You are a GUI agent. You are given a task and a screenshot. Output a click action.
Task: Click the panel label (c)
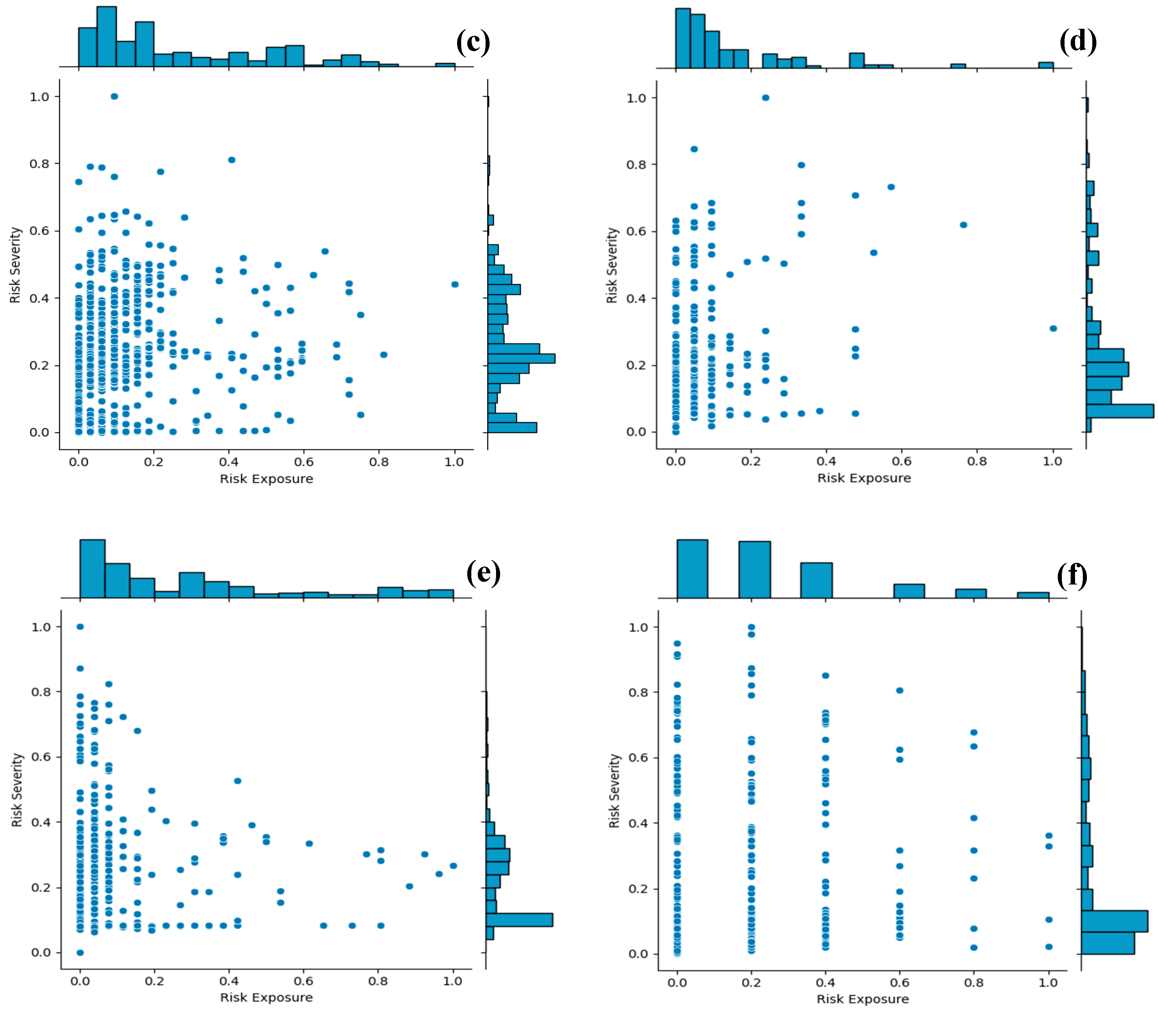[x=473, y=42]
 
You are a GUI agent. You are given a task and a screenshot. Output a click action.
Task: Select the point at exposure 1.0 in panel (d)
[x=1053, y=328]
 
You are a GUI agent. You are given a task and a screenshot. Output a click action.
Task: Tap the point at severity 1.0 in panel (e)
[x=80, y=627]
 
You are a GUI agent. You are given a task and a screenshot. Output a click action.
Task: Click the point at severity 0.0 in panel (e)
[x=80, y=952]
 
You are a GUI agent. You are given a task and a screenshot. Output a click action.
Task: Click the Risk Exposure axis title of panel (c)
[x=266, y=479]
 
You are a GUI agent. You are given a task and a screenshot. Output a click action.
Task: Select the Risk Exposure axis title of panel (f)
[x=863, y=999]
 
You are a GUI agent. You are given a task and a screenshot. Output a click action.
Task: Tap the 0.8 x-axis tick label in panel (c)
[x=379, y=462]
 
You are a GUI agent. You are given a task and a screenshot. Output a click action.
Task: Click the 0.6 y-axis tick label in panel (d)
[x=636, y=231]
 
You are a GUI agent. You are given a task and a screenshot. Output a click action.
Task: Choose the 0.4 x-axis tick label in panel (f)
[x=825, y=983]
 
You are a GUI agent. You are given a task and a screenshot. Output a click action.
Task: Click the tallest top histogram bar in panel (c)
[x=106, y=37]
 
